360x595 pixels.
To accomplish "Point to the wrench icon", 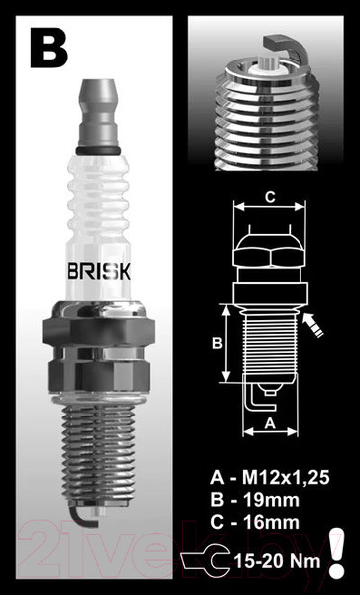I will pos(210,560).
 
